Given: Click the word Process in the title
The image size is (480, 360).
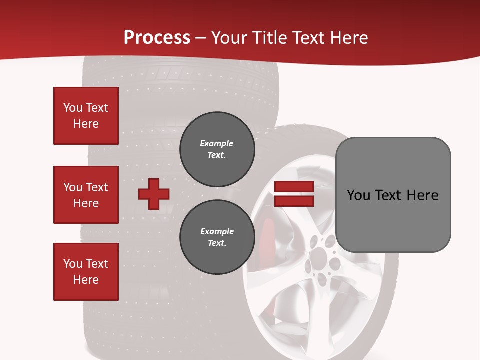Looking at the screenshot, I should pyautogui.click(x=157, y=38).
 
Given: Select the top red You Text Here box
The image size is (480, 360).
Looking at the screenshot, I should pyautogui.click(x=86, y=116).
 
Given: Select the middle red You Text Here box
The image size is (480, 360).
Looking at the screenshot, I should pyautogui.click(x=86, y=195).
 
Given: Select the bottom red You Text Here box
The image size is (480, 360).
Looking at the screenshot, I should pyautogui.click(x=86, y=272).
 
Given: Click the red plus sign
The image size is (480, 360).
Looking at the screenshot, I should pyautogui.click(x=153, y=194).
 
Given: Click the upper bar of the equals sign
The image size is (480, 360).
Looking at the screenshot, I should pyautogui.click(x=294, y=187).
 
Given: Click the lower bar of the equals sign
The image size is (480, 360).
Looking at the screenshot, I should pyautogui.click(x=294, y=201).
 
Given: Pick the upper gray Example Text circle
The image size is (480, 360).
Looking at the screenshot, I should pyautogui.click(x=217, y=149).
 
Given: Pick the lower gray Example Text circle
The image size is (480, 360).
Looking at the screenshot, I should pyautogui.click(x=217, y=237).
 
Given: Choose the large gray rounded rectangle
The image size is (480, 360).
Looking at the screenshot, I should pyautogui.click(x=393, y=220).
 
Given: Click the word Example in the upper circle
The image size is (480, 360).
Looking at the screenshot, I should pyautogui.click(x=216, y=143).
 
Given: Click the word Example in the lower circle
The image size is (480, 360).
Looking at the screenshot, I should pyautogui.click(x=217, y=231).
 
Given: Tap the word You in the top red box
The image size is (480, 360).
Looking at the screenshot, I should pyautogui.click(x=73, y=108).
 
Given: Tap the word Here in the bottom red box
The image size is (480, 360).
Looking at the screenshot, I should pyautogui.click(x=86, y=280).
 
